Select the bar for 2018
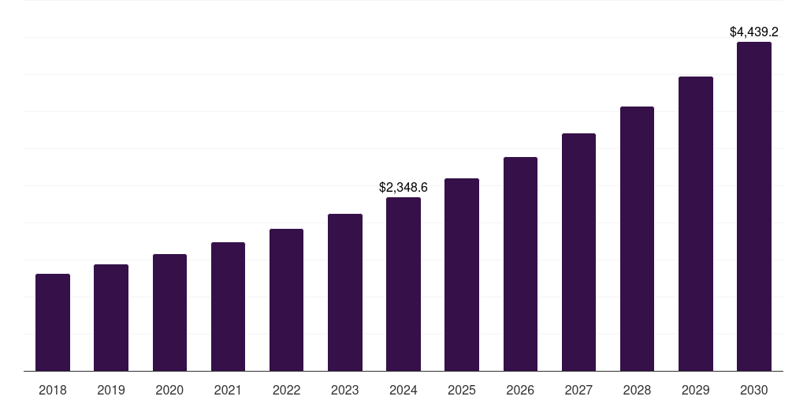coord(53,323)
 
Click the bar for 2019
coord(111,318)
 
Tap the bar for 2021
coord(228,307)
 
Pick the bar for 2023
coord(345,293)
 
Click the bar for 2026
coord(520,264)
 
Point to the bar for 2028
coord(637,239)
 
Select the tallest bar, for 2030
coord(754,207)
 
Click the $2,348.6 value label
coord(403,188)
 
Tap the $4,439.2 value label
coord(754,32)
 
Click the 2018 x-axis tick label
coord(53,391)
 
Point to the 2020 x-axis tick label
coord(169,391)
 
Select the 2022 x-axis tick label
coord(287,391)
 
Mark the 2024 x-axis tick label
coord(403,391)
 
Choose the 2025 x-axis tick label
coord(462,391)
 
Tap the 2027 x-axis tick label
coord(578,391)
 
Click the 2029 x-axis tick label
coord(696,391)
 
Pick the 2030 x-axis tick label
coord(754,391)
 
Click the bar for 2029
coord(696,224)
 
